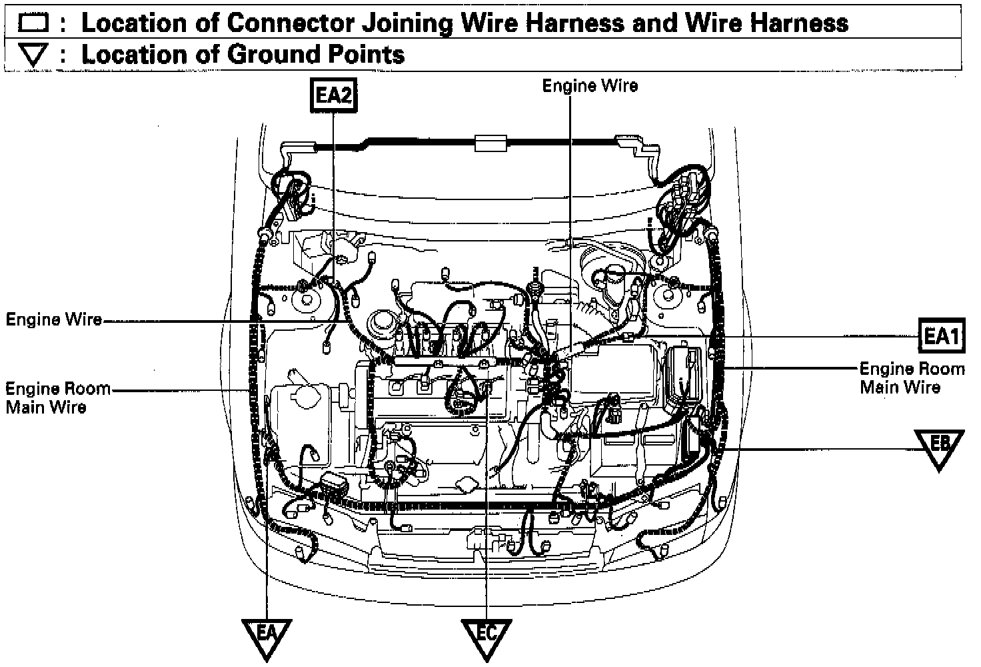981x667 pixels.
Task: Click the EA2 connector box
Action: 333,96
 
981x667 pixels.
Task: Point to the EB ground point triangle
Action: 939,446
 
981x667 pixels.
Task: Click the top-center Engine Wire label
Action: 590,85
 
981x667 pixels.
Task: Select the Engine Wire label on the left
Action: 54,319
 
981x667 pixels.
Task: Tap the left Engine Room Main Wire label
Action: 58,398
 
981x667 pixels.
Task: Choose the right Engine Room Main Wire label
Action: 912,378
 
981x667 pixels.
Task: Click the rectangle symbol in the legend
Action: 33,24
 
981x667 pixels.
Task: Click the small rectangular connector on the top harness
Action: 490,142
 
